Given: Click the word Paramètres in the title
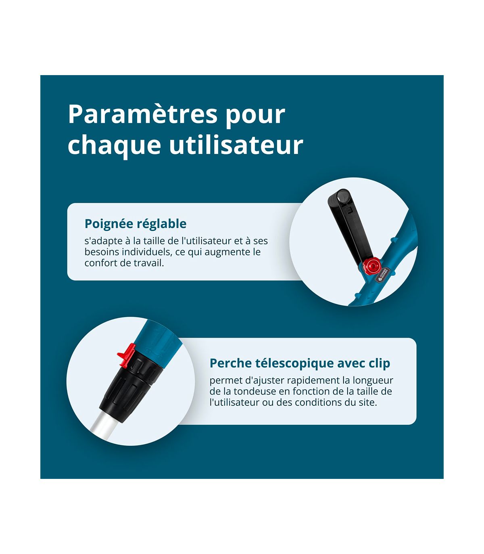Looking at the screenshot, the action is (143, 115).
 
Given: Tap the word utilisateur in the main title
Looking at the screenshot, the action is (236, 145).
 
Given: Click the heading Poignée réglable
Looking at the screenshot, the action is (136, 224).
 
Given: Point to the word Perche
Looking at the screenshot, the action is (231, 363).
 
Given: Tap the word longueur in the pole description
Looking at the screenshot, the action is (373, 381).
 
